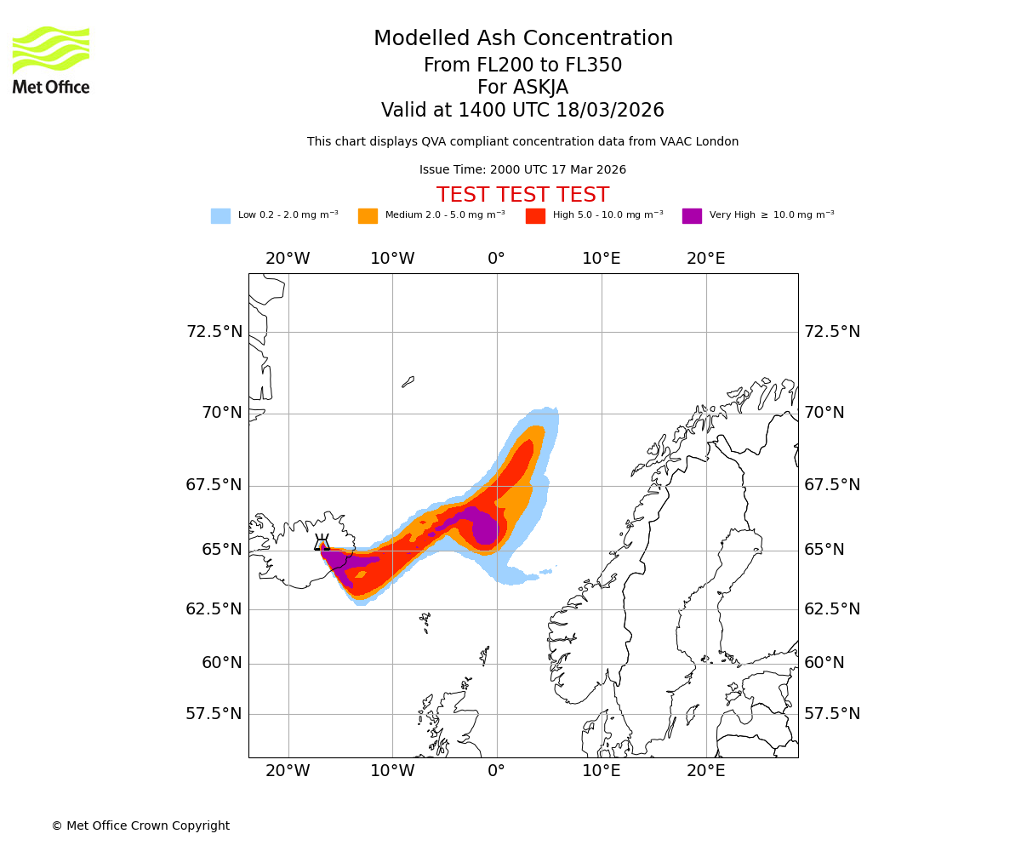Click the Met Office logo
click(51, 60)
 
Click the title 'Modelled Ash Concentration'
click(522, 39)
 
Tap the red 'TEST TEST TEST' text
click(522, 196)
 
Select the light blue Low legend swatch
click(220, 216)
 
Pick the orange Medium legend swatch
click(368, 216)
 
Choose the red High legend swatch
click(535, 216)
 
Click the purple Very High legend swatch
click(692, 216)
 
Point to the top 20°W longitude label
click(288, 259)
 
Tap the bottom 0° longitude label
click(497, 771)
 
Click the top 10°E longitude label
click(601, 259)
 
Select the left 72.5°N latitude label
click(214, 332)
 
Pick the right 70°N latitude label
click(824, 413)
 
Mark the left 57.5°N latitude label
click(214, 714)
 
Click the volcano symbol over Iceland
click(322, 544)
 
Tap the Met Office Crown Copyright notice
click(140, 825)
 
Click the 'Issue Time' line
click(522, 170)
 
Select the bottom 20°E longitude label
click(705, 771)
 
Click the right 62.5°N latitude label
click(832, 609)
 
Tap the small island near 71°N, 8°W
click(408, 382)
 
